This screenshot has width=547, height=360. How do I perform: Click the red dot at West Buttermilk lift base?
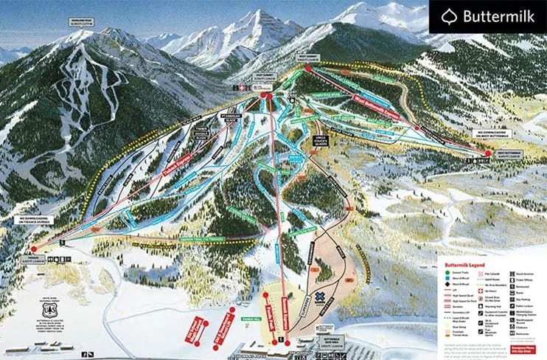[x=487, y=153]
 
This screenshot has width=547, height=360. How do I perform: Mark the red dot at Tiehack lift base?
[x=34, y=249]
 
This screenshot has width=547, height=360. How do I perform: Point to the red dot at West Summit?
[x=308, y=68]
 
